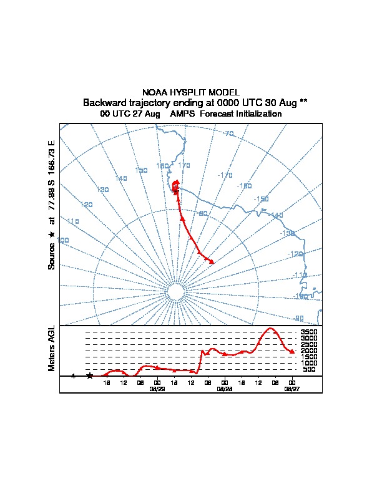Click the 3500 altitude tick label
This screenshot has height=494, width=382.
coord(309,332)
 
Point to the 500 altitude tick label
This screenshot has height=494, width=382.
coord(309,370)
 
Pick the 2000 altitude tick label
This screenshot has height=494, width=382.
coord(309,351)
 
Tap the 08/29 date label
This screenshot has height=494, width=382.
coord(157,388)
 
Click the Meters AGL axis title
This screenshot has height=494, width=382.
coord(52,348)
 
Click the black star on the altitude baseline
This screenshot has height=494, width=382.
coord(90,375)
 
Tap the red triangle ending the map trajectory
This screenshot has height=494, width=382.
coord(212,261)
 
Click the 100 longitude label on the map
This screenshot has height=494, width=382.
coord(63,240)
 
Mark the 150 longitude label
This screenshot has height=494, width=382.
coord(141,170)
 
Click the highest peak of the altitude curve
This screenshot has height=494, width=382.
coord(270,328)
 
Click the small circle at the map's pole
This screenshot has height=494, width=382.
coord(175,292)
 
